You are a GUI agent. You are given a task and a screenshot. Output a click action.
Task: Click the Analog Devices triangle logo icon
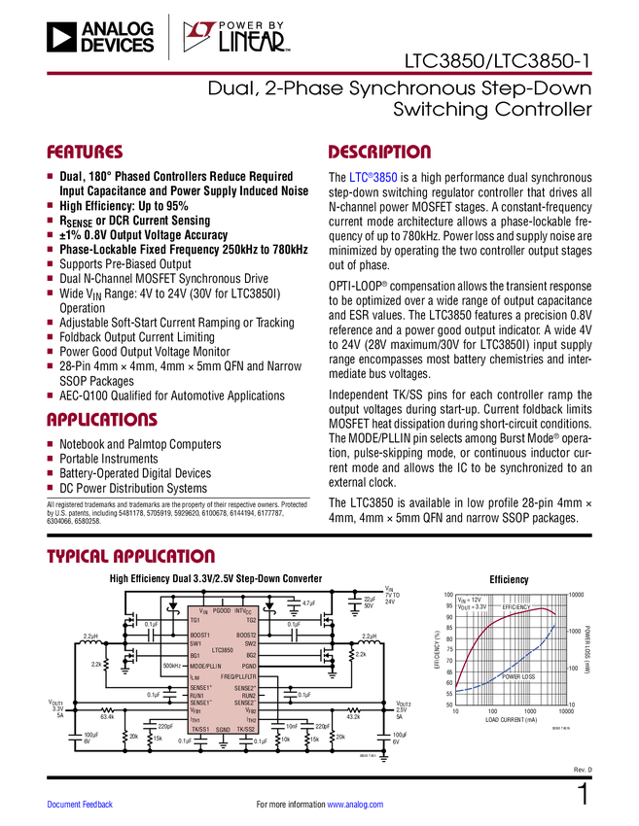click(x=60, y=37)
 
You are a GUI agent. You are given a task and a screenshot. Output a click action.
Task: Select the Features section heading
click(x=85, y=153)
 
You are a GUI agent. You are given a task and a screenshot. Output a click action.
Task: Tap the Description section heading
click(x=379, y=153)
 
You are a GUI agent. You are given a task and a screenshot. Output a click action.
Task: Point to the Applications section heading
click(x=101, y=420)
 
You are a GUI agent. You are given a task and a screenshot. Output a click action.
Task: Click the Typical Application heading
click(x=130, y=556)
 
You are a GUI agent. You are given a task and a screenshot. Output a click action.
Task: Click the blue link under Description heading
click(x=373, y=178)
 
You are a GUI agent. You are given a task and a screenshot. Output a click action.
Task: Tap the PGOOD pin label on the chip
click(x=221, y=610)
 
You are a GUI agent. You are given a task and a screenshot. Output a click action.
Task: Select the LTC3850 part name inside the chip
click(x=222, y=649)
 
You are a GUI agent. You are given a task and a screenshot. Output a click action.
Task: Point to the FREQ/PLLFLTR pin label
click(x=238, y=676)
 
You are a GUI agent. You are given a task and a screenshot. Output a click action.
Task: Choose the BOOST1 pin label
click(x=200, y=635)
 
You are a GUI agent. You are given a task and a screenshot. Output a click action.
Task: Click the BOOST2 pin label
click(x=246, y=635)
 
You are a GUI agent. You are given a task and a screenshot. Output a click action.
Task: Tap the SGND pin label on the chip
click(x=223, y=730)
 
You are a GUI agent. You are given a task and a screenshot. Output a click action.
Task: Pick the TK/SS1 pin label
click(x=199, y=729)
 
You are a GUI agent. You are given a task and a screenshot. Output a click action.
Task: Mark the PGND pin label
click(x=249, y=666)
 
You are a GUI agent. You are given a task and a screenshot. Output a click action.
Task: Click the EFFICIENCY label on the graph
click(x=516, y=606)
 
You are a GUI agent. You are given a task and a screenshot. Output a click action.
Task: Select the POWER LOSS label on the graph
click(x=519, y=676)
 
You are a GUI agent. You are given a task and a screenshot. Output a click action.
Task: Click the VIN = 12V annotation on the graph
click(x=469, y=600)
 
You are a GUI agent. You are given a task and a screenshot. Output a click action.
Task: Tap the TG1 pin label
click(x=195, y=619)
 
